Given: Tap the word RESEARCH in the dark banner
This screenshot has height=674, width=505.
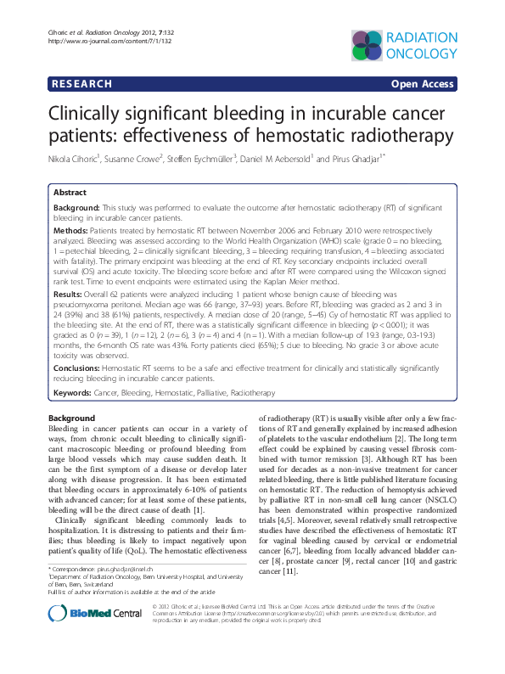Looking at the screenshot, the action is [x=82, y=85].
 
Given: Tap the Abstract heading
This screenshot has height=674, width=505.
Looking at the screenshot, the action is [x=70, y=193].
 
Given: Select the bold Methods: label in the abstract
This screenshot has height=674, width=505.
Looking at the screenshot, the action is [x=71, y=231].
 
